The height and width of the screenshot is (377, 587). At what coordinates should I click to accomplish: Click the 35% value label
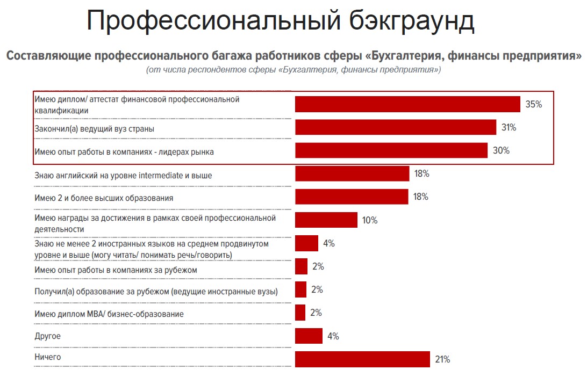pos(533,104)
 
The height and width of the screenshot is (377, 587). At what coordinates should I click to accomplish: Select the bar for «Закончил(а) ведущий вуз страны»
pos(395,127)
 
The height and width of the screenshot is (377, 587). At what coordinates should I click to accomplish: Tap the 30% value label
pos(501,150)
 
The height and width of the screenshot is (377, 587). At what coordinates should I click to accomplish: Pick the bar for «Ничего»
pos(362,359)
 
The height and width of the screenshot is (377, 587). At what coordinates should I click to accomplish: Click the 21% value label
pos(442,359)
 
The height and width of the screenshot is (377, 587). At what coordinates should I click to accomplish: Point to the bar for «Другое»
pos(309,336)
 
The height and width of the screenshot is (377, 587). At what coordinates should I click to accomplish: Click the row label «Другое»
pos(47,336)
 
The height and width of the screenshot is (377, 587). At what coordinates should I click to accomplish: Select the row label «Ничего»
pos(48,357)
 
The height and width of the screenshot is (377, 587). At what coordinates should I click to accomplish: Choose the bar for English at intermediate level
pos(352,173)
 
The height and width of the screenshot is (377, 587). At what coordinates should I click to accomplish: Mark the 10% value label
pos(370,220)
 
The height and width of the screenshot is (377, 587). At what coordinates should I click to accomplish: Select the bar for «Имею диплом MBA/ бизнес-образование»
pos(300,313)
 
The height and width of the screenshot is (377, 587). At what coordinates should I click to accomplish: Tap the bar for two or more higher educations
pos(352,197)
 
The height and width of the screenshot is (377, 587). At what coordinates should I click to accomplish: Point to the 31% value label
pos(509,127)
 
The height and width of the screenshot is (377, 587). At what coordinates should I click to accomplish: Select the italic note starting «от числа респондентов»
pos(293,70)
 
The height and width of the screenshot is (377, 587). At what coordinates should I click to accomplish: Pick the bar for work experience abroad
pos(301,266)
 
